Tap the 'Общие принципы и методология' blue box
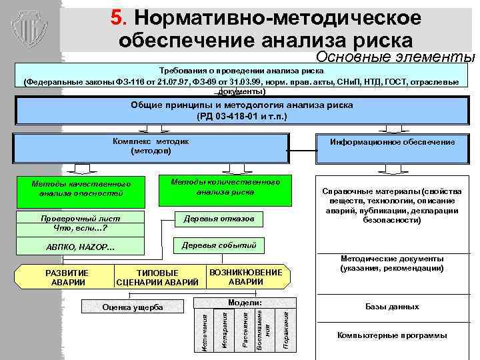point(243,111)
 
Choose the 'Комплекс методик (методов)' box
point(151,146)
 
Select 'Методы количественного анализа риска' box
point(225,187)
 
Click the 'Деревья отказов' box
point(219,219)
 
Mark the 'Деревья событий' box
point(219,245)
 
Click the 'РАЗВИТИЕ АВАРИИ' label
point(66,277)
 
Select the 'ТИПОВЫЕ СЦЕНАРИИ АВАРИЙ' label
point(157,277)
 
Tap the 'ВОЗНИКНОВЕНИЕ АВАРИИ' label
point(245,277)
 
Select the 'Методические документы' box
point(393,263)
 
